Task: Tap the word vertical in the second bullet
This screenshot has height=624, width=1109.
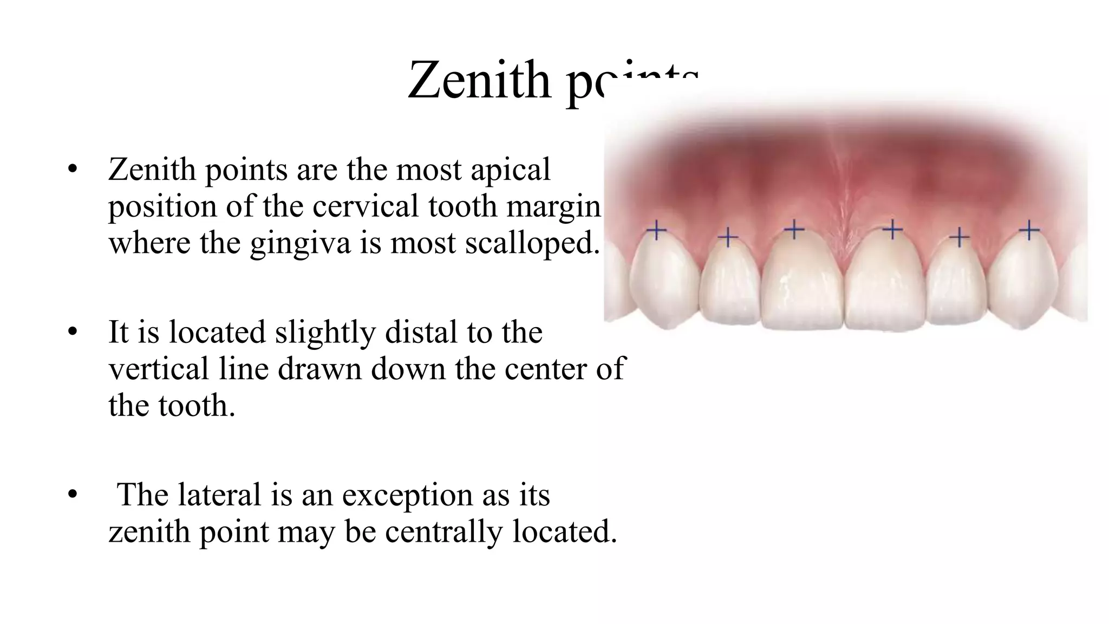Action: click(159, 369)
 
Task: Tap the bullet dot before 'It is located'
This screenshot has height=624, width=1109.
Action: click(73, 332)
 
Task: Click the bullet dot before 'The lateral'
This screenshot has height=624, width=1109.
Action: click(73, 495)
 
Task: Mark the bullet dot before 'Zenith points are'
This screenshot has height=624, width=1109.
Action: click(73, 170)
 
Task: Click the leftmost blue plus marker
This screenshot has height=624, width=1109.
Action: click(657, 231)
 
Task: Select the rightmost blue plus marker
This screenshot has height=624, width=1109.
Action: click(1029, 231)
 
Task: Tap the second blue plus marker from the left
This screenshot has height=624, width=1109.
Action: click(728, 237)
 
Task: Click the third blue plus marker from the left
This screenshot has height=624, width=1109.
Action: click(794, 230)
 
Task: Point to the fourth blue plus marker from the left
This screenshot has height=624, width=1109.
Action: click(892, 230)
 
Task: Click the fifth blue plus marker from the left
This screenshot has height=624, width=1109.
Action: click(960, 237)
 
